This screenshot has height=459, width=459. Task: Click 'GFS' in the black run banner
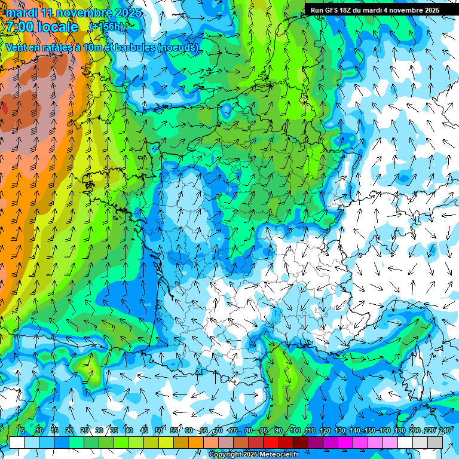(x=335, y=10)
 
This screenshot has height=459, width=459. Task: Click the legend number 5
(x=23, y=431)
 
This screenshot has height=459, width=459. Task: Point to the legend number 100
(x=295, y=431)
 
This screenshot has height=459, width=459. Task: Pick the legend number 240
(x=445, y=431)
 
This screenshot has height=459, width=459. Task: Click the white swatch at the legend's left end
(x=17, y=442)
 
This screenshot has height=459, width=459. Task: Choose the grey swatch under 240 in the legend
(x=436, y=442)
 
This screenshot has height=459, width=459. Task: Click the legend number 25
(x=84, y=431)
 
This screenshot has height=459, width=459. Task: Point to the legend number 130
(x=340, y=431)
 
